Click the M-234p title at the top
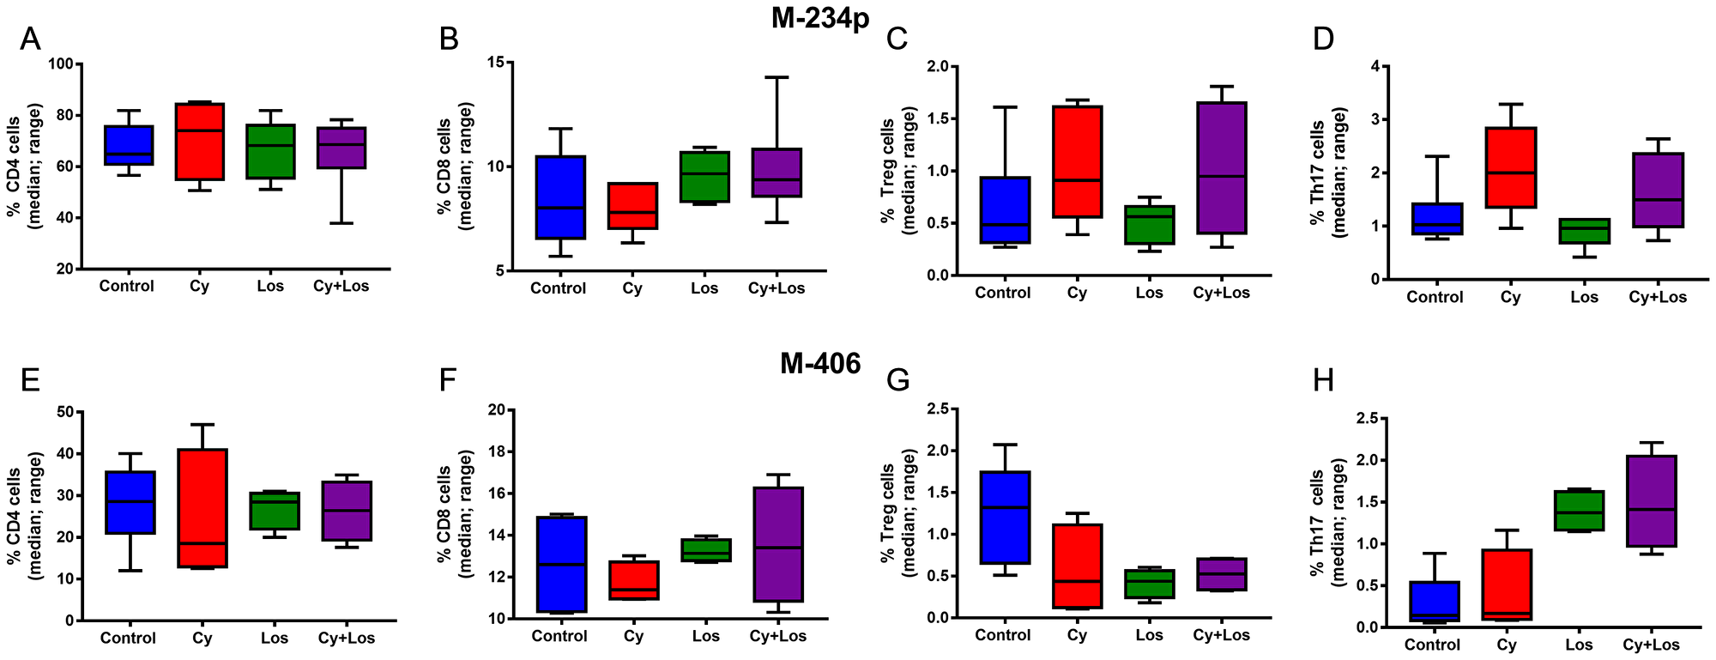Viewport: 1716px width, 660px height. point(820,19)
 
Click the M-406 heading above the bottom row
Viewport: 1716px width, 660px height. point(819,364)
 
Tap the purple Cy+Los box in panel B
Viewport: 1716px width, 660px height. point(776,173)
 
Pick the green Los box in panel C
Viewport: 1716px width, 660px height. point(1149,225)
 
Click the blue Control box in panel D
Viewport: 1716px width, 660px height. point(1435,219)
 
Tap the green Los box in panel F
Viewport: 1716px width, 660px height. point(705,550)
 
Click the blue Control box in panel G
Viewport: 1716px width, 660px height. point(1004,518)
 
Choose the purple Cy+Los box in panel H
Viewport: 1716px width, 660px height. point(1651,501)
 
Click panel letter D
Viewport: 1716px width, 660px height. point(1323,39)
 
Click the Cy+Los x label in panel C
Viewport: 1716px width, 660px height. point(1221,293)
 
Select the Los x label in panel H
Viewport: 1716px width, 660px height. point(1579,645)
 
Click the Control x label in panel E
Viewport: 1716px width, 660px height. point(128,638)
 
